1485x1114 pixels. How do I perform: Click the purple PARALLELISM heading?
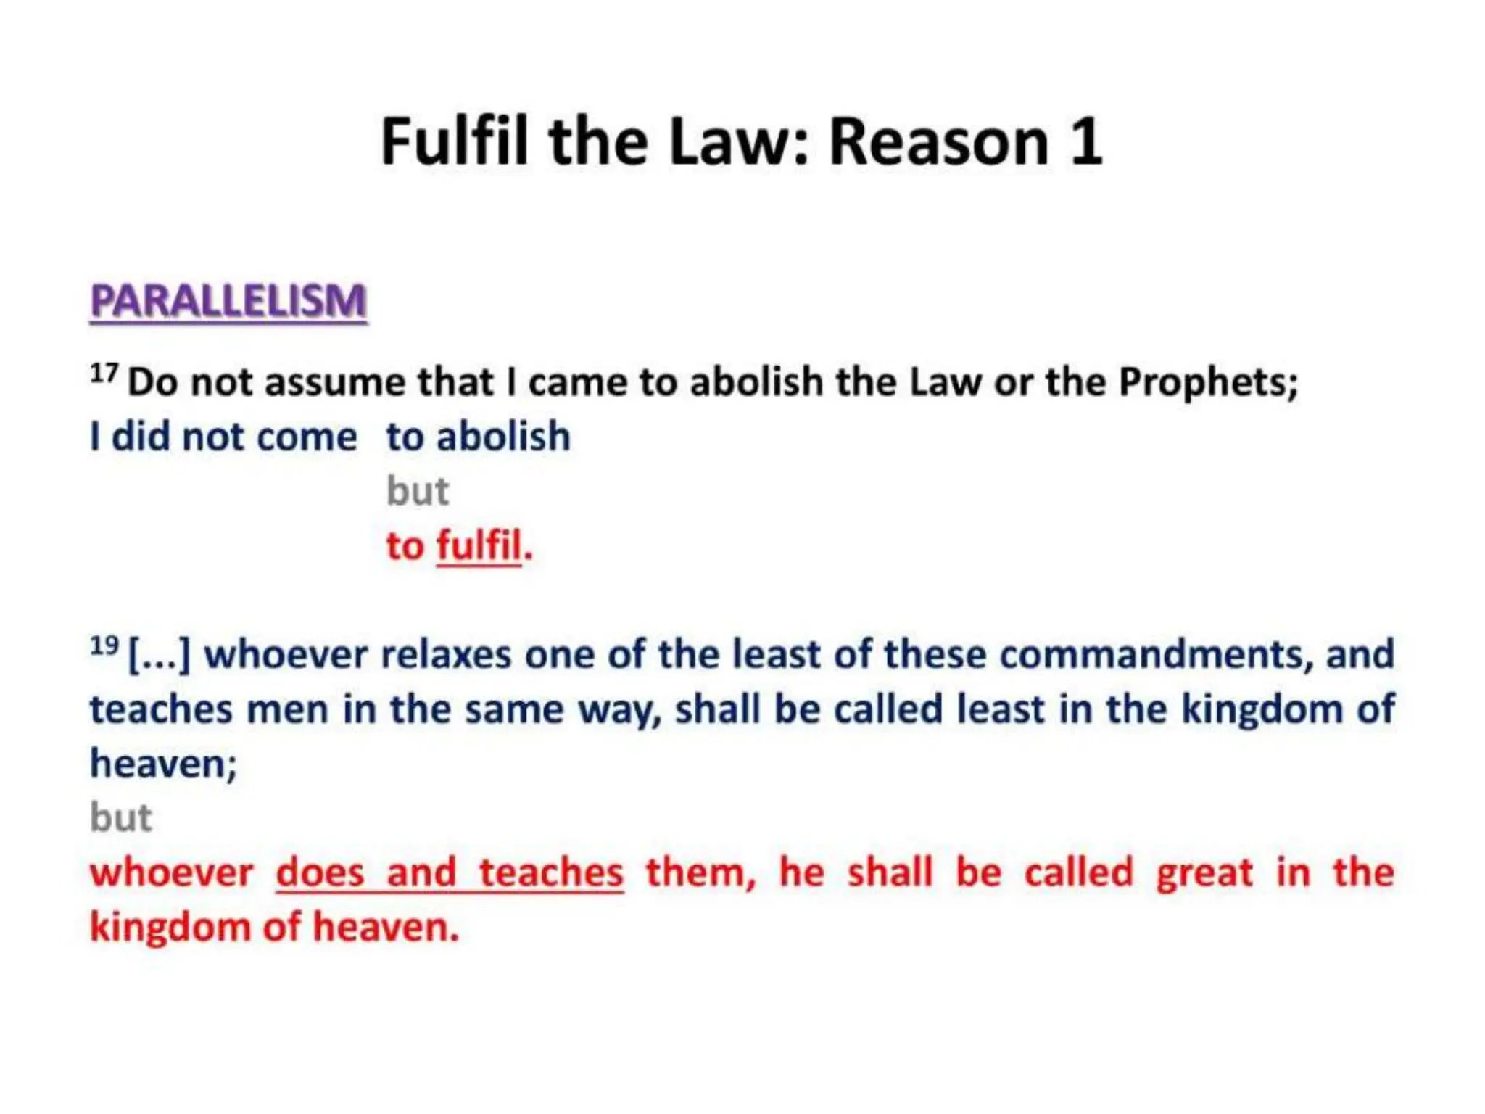point(228,301)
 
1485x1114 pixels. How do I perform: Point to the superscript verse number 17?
point(104,374)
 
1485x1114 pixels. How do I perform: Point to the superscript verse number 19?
point(104,645)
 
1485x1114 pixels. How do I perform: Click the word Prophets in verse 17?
point(1207,382)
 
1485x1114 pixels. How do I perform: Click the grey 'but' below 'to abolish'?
point(418,492)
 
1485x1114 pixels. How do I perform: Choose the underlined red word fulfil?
point(479,545)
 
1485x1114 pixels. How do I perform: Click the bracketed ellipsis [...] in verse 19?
point(159,654)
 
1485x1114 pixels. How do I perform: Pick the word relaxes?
point(447,654)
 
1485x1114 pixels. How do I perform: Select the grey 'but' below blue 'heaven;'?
point(121,818)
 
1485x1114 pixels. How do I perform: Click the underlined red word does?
point(320,872)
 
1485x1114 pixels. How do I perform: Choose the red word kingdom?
point(170,928)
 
